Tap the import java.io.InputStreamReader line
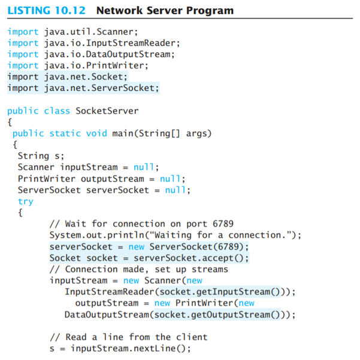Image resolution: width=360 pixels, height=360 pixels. (x=93, y=43)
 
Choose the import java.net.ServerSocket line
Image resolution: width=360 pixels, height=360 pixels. (x=83, y=88)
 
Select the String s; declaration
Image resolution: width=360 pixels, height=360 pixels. (x=41, y=156)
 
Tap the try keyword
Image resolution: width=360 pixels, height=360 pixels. (x=26, y=201)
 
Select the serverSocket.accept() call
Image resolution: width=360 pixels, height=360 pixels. (x=191, y=258)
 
